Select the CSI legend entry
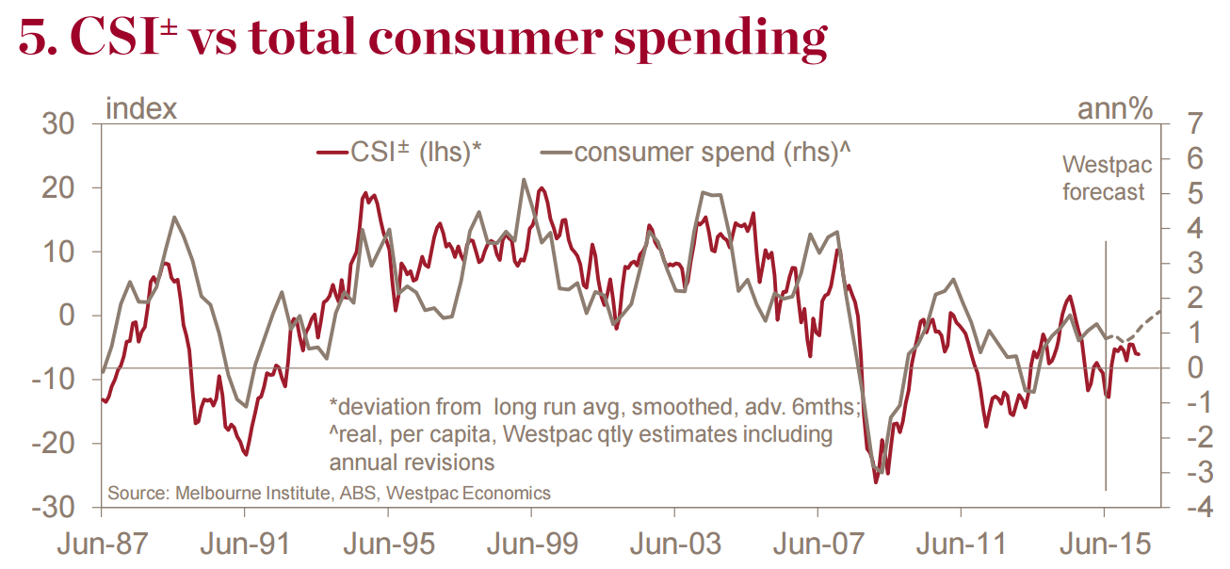pos(400,153)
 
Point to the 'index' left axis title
pos(141,108)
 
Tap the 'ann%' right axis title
pos(1115,108)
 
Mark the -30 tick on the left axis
pos(58,507)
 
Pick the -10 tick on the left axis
pos(58,380)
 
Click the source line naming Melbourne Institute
pos(329,493)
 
